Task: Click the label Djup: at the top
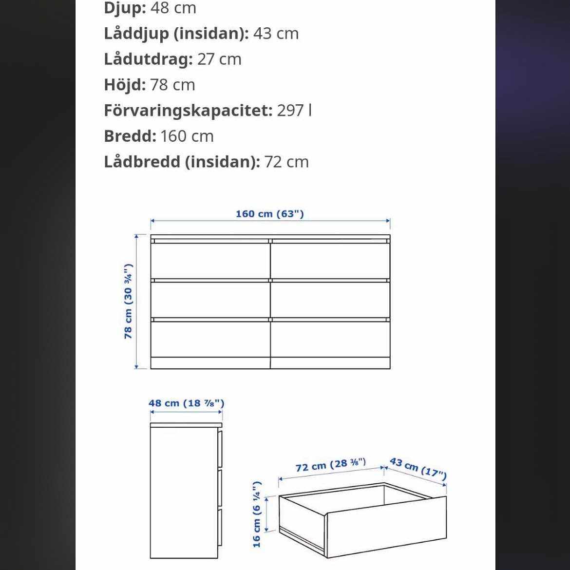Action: (125, 8)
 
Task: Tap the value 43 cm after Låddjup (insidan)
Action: (276, 34)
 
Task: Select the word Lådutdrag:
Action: (148, 59)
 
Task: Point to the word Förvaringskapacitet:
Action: (188, 111)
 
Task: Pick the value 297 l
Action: (294, 111)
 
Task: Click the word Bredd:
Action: (130, 136)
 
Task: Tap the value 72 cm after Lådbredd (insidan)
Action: (286, 162)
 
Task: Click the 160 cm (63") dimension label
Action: (270, 214)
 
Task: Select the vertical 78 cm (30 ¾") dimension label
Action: (128, 301)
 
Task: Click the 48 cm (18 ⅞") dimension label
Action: (186, 403)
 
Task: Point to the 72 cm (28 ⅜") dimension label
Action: (330, 465)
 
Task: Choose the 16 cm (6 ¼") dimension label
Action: (257, 513)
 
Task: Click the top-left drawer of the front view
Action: (210, 261)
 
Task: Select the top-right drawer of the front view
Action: (330, 261)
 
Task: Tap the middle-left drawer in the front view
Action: (210, 300)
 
